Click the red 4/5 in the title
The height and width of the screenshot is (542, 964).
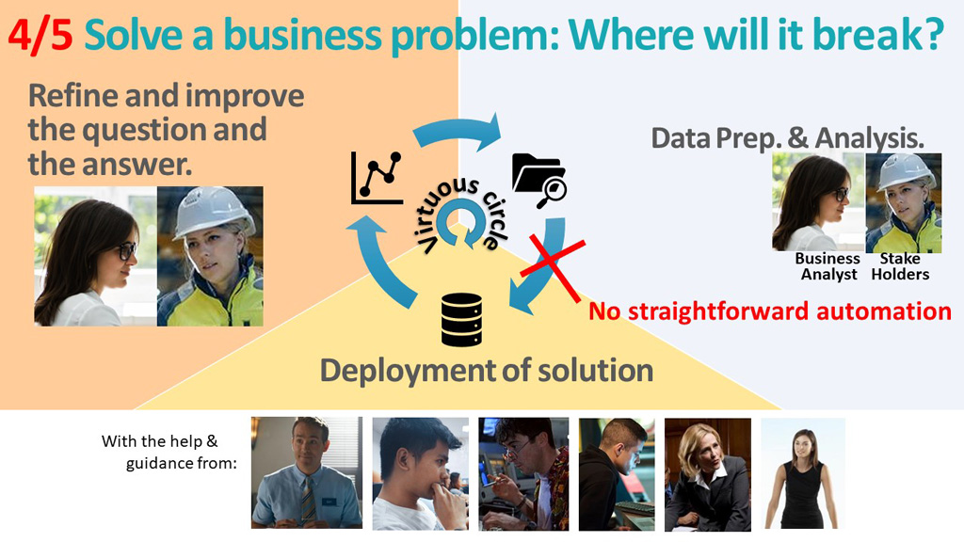click(x=40, y=37)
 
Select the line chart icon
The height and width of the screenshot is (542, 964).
click(x=377, y=178)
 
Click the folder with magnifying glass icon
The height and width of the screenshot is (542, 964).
click(x=539, y=181)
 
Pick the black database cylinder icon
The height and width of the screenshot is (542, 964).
click(x=461, y=320)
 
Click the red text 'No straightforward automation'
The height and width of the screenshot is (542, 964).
click(x=770, y=311)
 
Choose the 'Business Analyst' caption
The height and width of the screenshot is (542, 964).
click(x=828, y=266)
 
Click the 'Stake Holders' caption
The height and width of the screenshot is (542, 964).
click(x=900, y=266)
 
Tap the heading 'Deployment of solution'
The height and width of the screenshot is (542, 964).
click(x=487, y=371)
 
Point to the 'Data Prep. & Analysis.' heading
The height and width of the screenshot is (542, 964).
click(x=788, y=138)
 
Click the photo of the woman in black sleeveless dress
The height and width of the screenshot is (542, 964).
click(x=803, y=474)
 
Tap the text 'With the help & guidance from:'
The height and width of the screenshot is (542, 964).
click(x=169, y=452)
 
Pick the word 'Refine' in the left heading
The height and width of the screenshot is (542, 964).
click(x=72, y=96)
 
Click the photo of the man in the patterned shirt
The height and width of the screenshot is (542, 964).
click(x=523, y=474)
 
